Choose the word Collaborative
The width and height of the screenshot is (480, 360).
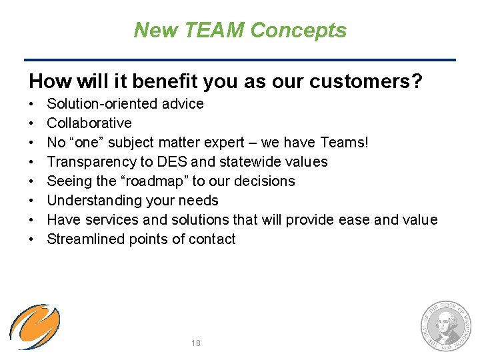[89, 123]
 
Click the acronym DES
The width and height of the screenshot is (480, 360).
[169, 162]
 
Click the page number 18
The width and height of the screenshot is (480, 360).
[195, 343]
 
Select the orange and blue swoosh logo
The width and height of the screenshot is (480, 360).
[35, 327]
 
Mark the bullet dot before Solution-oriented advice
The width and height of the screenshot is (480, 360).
[31, 105]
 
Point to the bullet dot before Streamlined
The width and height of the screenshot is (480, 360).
[31, 240]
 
